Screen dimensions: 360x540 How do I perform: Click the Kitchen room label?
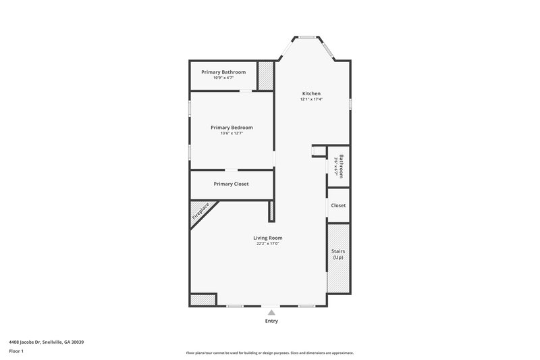(311, 93)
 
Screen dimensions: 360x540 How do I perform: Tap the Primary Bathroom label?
(224, 72)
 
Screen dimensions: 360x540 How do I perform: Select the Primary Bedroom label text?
(232, 127)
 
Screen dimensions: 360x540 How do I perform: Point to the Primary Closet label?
(232, 184)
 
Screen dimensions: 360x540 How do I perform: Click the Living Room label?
(267, 238)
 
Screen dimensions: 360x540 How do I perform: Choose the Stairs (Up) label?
(338, 254)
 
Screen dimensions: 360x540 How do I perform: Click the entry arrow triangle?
(271, 312)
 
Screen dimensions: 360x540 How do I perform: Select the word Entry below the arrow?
(271, 321)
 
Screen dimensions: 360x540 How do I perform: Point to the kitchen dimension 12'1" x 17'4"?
(311, 99)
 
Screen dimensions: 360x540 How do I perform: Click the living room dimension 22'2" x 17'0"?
(267, 244)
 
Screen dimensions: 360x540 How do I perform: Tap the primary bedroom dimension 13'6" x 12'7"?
(232, 133)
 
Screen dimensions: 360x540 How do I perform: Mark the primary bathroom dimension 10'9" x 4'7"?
(224, 78)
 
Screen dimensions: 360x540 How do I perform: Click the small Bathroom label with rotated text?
(342, 165)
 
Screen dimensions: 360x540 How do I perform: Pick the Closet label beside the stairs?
(338, 205)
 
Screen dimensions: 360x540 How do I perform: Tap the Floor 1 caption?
(17, 351)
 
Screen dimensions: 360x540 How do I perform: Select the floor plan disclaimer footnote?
(270, 353)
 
